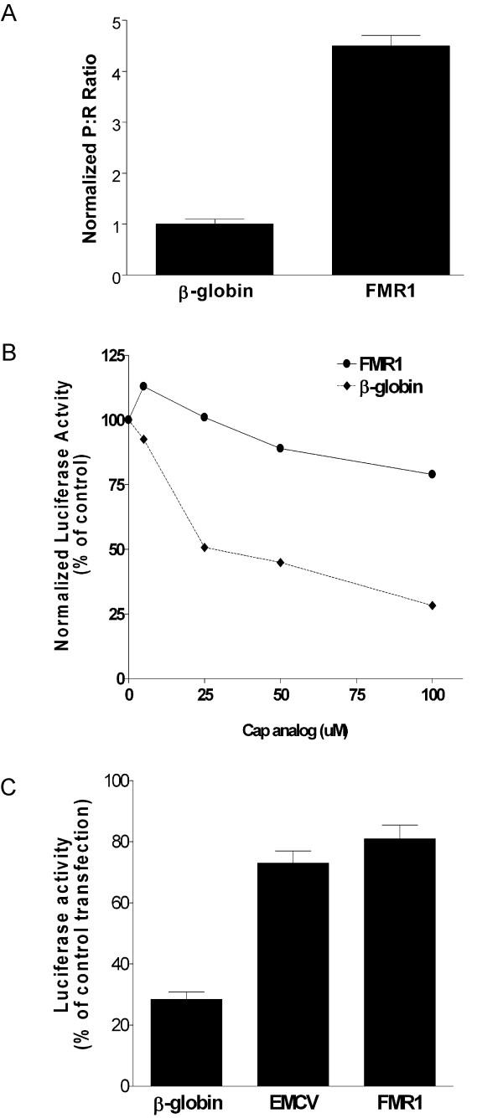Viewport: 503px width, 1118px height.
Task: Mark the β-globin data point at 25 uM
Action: tap(205, 548)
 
